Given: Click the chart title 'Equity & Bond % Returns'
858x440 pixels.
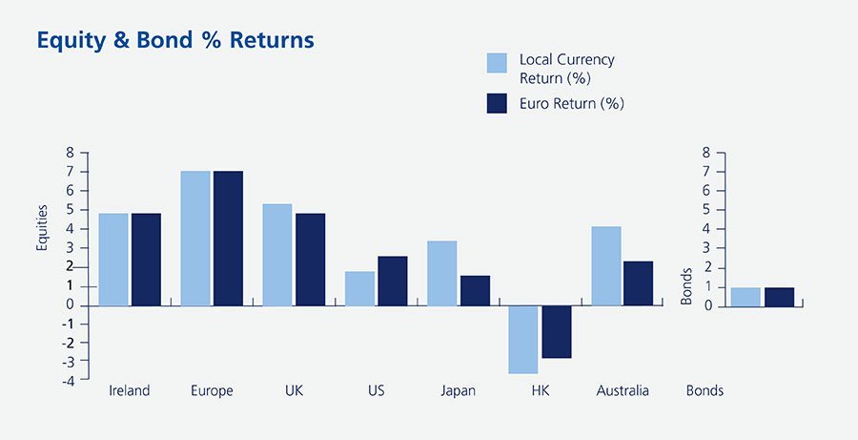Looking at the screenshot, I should click(x=174, y=41).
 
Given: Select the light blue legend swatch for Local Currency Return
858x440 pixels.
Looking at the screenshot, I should click(x=497, y=63).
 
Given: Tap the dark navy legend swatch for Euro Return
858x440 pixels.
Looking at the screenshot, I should click(x=497, y=103).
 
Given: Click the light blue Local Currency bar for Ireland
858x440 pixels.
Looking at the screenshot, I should click(x=113, y=259).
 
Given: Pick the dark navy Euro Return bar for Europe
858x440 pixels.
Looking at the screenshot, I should click(x=228, y=238).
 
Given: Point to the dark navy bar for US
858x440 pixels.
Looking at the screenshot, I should click(x=393, y=281).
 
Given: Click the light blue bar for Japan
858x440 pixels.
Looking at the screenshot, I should click(x=442, y=273).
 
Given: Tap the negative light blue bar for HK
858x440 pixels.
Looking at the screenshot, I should click(x=524, y=339).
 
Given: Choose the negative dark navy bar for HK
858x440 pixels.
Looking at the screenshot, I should click(x=557, y=331).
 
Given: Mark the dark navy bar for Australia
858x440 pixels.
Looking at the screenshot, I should click(x=639, y=283).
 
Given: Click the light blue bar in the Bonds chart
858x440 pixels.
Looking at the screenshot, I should click(x=746, y=296).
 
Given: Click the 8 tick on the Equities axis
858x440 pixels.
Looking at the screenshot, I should click(x=70, y=153).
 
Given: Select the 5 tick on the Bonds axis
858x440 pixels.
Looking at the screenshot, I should click(x=705, y=210).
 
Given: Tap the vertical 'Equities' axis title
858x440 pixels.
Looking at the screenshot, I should click(x=42, y=229).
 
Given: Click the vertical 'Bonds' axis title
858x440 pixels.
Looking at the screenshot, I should click(x=686, y=286).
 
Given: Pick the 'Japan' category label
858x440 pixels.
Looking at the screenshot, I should click(x=459, y=391).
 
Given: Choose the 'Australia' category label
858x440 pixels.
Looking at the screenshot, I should click(x=623, y=391).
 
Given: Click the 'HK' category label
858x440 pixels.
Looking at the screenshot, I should click(x=540, y=391).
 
